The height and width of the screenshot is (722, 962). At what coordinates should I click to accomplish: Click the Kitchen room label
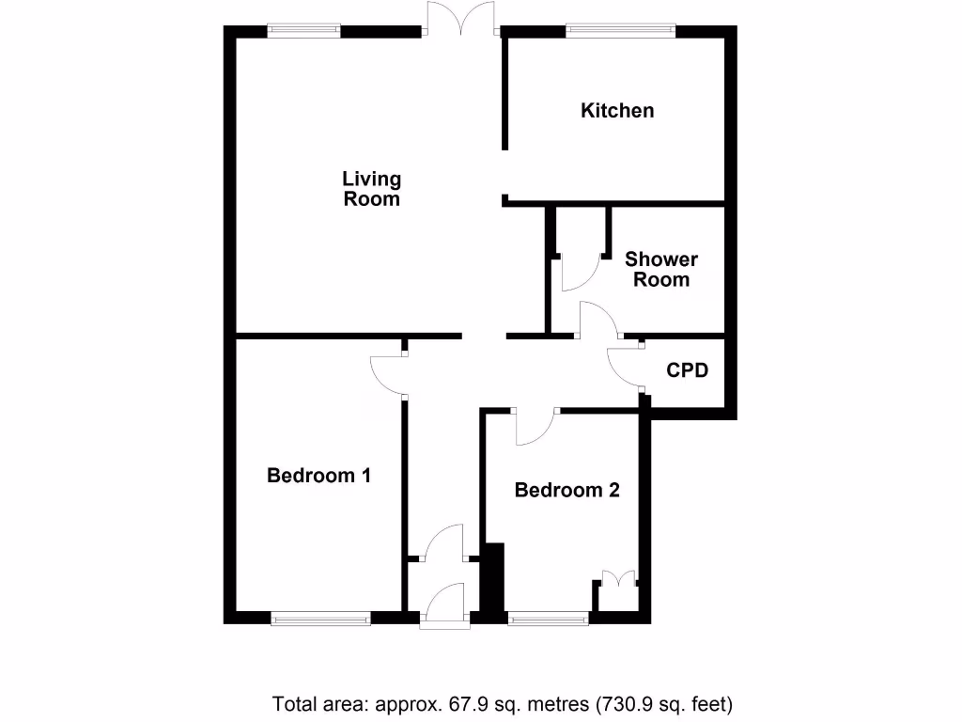tap(617, 111)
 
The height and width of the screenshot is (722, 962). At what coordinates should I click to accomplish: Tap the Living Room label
tap(372, 188)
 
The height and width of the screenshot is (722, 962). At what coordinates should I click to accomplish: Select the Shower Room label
tap(661, 269)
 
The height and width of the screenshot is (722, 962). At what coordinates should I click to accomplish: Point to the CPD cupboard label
tap(687, 370)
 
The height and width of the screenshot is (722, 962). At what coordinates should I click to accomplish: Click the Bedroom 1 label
tap(318, 476)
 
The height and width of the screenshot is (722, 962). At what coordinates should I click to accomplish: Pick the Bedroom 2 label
tap(566, 490)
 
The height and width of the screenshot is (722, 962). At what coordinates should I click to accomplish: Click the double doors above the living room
tap(460, 21)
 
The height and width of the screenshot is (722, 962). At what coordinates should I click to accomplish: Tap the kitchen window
tap(620, 31)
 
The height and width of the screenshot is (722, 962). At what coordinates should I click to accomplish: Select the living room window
tap(303, 31)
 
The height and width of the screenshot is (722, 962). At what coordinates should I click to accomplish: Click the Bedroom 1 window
tap(320, 618)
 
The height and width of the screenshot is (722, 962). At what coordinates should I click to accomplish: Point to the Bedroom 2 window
tap(548, 618)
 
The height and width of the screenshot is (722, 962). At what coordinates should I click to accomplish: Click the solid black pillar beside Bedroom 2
tap(493, 578)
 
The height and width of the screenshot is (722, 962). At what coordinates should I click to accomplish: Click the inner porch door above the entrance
tap(443, 544)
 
